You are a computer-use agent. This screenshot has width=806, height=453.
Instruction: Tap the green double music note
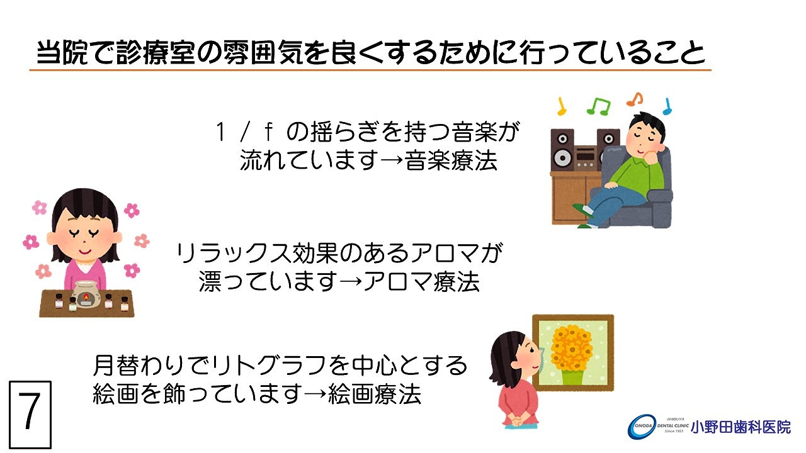point(598,106)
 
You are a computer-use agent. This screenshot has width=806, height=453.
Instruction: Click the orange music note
point(635,99)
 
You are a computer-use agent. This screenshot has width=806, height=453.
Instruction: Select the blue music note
point(667,106)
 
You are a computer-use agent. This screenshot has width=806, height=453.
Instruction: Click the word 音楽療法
point(451,160)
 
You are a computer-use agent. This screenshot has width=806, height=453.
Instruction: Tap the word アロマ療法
point(421,281)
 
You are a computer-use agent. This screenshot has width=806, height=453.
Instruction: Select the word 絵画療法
point(375,394)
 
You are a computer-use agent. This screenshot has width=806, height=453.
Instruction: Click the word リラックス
point(233,253)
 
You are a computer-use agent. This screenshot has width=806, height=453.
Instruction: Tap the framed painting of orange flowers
point(573,353)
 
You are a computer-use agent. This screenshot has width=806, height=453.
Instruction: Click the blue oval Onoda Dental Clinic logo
point(642,427)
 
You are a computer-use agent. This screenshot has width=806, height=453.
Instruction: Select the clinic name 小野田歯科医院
point(741,427)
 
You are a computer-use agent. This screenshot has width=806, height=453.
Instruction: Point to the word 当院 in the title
point(62,53)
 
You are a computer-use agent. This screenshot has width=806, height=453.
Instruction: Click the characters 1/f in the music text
point(244,131)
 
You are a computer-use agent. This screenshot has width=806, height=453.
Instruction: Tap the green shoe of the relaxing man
point(582,210)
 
